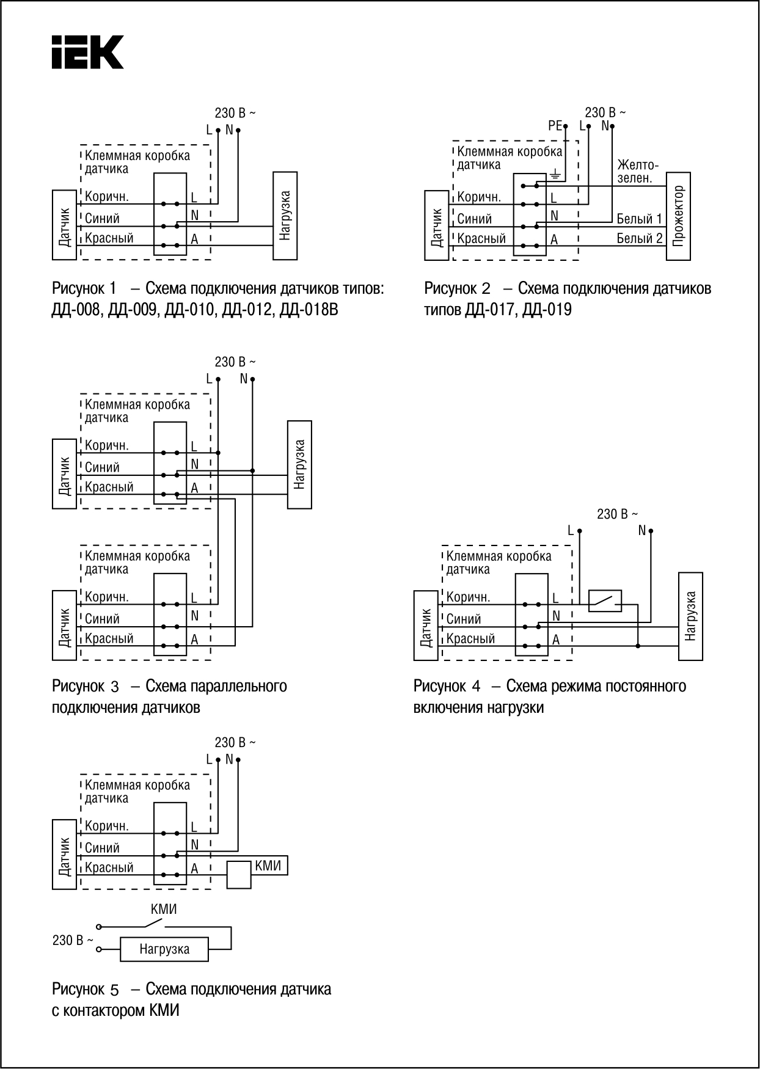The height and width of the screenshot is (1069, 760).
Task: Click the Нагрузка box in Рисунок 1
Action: pyautogui.click(x=285, y=216)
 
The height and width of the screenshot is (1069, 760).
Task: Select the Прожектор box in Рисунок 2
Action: pyautogui.click(x=678, y=216)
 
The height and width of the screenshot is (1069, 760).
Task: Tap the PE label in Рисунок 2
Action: pyautogui.click(x=555, y=126)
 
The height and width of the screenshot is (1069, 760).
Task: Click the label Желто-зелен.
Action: pyautogui.click(x=638, y=171)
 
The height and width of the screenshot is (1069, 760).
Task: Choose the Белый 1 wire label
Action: pyautogui.click(x=639, y=219)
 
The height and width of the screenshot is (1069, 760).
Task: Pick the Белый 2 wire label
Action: pyautogui.click(x=639, y=238)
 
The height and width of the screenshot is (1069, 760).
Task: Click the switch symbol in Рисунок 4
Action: pyautogui.click(x=605, y=601)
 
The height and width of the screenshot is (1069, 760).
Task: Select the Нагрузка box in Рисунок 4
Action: pyautogui.click(x=690, y=616)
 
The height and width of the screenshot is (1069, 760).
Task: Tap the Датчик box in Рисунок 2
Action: pyautogui.click(x=436, y=225)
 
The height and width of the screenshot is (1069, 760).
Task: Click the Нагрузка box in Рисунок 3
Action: pyautogui.click(x=299, y=464)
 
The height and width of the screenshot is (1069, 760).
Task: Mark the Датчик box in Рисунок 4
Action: pyautogui.click(x=426, y=626)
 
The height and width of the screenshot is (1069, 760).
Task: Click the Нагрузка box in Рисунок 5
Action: pyautogui.click(x=164, y=949)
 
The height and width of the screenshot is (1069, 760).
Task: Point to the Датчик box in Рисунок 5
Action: pyautogui.click(x=64, y=855)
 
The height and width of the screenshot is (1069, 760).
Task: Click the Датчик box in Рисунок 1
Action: pyautogui.click(x=64, y=225)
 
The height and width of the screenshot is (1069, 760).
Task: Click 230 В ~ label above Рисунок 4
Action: pyautogui.click(x=618, y=514)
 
